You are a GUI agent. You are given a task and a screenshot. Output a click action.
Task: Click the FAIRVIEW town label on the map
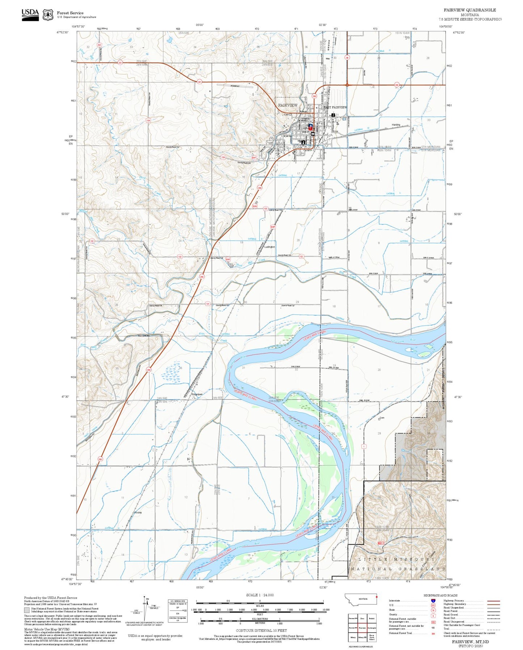pos(288,105)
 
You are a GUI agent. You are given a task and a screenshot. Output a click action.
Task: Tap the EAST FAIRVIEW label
pos(335,107)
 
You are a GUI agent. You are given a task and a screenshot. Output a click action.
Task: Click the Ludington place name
pos(270,247)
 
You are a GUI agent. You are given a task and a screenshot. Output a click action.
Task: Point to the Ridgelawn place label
pos(197,394)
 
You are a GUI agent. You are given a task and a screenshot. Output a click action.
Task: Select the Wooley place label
pos(138,513)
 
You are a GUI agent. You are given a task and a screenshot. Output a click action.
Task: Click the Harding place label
pos(396,125)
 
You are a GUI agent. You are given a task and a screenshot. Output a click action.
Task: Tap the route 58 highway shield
pos(347,57)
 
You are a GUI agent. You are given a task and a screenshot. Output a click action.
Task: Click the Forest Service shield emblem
pos(48,14)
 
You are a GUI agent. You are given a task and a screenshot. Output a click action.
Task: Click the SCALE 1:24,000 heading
pos(260,595)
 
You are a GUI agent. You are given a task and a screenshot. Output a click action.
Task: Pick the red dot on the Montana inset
pos(376,597)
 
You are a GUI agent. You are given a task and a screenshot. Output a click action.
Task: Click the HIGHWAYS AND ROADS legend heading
pos(440,595)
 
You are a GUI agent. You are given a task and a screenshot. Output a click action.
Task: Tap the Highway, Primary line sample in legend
pos(494,601)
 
